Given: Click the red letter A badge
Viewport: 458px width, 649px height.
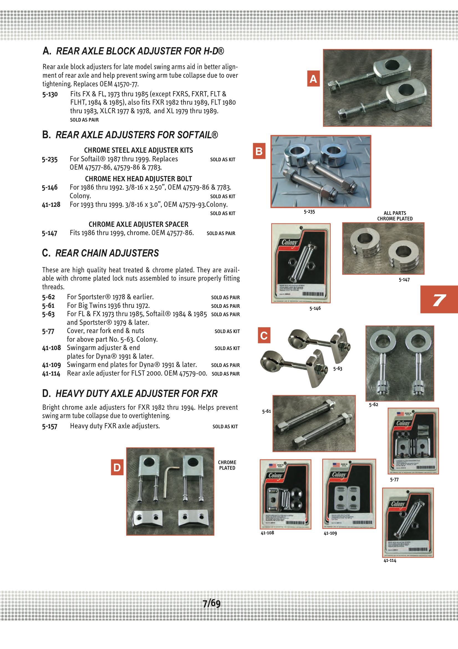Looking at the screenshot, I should [313, 79].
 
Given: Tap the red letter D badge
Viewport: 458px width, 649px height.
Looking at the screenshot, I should [117, 467].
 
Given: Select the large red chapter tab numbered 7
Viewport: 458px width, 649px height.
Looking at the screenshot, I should [439, 299].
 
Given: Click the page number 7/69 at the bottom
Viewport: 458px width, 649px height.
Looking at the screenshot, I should [212, 603].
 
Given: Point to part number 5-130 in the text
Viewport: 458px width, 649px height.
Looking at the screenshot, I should [50, 94].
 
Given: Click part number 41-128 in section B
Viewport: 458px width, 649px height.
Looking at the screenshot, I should [51, 204].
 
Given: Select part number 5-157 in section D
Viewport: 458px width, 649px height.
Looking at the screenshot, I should [50, 426].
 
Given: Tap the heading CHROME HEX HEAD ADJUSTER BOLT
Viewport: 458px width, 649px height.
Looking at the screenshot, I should [138, 179].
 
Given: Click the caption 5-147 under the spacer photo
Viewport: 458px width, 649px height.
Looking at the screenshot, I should [404, 280].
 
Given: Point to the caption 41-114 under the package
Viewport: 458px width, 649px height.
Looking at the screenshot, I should [390, 560].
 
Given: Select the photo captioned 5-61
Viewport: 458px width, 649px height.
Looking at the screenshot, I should [314, 423].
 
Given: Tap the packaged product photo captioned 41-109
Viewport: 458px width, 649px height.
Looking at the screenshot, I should [349, 494].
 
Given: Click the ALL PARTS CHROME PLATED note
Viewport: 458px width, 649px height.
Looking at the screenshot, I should [395, 216].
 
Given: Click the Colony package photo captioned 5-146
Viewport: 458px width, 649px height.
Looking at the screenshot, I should [301, 263].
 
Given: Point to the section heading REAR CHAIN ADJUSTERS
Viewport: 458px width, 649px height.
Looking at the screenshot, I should [107, 253].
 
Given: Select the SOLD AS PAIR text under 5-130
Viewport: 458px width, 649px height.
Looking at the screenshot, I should [85, 120].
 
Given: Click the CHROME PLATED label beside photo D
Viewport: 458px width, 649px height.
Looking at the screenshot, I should [227, 465].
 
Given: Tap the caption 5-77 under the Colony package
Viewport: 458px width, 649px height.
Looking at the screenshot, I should [394, 479].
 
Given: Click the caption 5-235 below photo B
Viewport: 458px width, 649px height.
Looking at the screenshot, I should [309, 212].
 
